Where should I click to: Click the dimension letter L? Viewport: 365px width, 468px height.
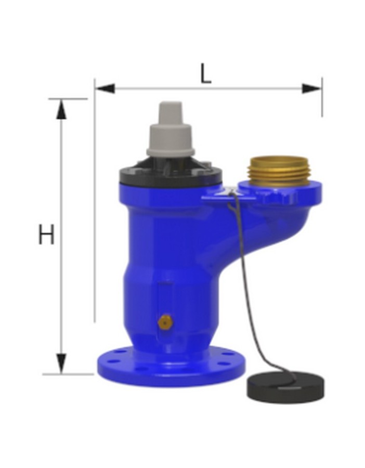pos(206,74)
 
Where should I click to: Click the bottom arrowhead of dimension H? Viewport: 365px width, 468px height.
pos(62,363)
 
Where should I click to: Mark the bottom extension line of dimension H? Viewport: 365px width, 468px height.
pos(68,374)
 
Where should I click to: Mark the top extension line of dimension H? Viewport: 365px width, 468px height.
pos(68,98)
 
